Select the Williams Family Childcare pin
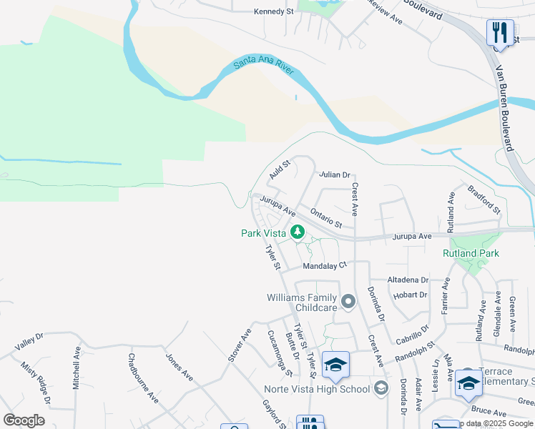[348, 302]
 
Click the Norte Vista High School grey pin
[381, 388]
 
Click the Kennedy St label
[274, 11]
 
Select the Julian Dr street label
[335, 174]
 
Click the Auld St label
[279, 170]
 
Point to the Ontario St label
[325, 219]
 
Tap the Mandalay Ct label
[324, 265]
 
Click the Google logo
[24, 420]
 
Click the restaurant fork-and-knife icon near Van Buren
[499, 32]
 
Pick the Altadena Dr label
[407, 280]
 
